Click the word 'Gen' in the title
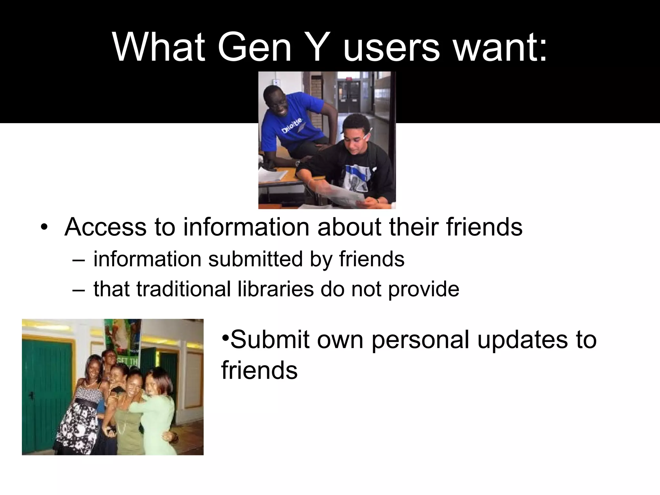coord(254,47)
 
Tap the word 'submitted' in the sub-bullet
coord(255,259)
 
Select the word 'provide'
coord(423,289)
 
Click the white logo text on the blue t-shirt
coord(292,126)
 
